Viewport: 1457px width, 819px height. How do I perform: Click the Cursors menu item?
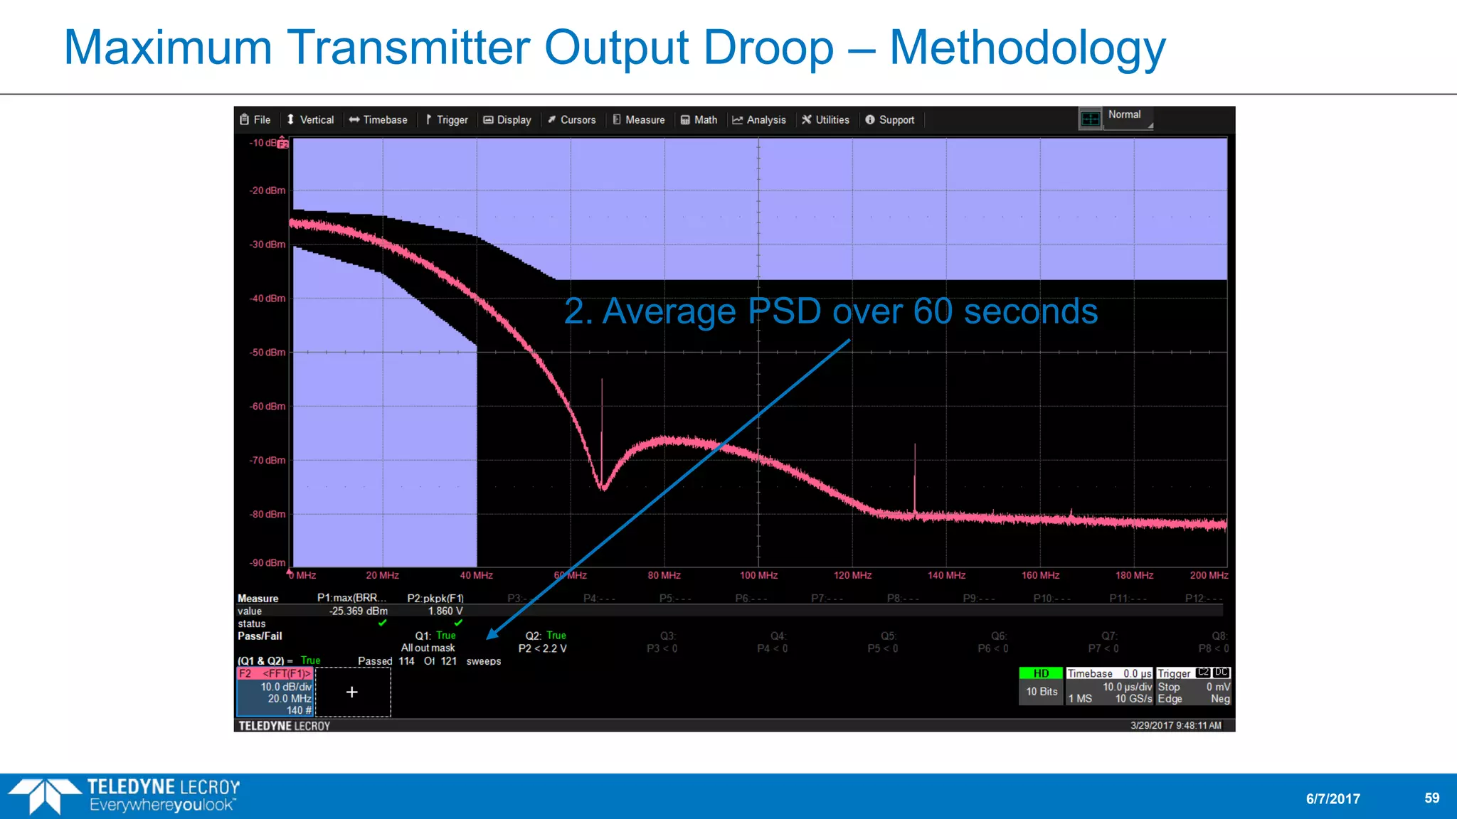coord(571,120)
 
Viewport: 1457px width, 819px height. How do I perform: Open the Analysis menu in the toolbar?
coord(759,120)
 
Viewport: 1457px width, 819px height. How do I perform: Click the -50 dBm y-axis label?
coord(267,353)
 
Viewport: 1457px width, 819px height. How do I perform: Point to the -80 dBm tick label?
coord(267,514)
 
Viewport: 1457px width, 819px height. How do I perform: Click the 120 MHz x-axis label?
coord(852,575)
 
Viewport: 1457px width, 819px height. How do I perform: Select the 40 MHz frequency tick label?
coord(476,575)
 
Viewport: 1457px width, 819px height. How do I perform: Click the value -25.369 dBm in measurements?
coord(358,611)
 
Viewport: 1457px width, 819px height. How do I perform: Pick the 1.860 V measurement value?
coord(445,611)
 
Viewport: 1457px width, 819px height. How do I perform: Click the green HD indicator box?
coord(1041,673)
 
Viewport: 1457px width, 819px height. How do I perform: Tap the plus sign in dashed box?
coord(352,692)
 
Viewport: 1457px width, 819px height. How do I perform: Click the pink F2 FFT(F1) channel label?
coord(275,673)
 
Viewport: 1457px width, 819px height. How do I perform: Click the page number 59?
coord(1431,798)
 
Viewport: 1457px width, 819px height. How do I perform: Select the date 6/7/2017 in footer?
coord(1333,798)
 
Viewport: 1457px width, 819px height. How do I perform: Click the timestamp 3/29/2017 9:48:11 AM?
coord(1175,725)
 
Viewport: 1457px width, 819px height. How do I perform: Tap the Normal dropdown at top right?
coord(1127,115)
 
